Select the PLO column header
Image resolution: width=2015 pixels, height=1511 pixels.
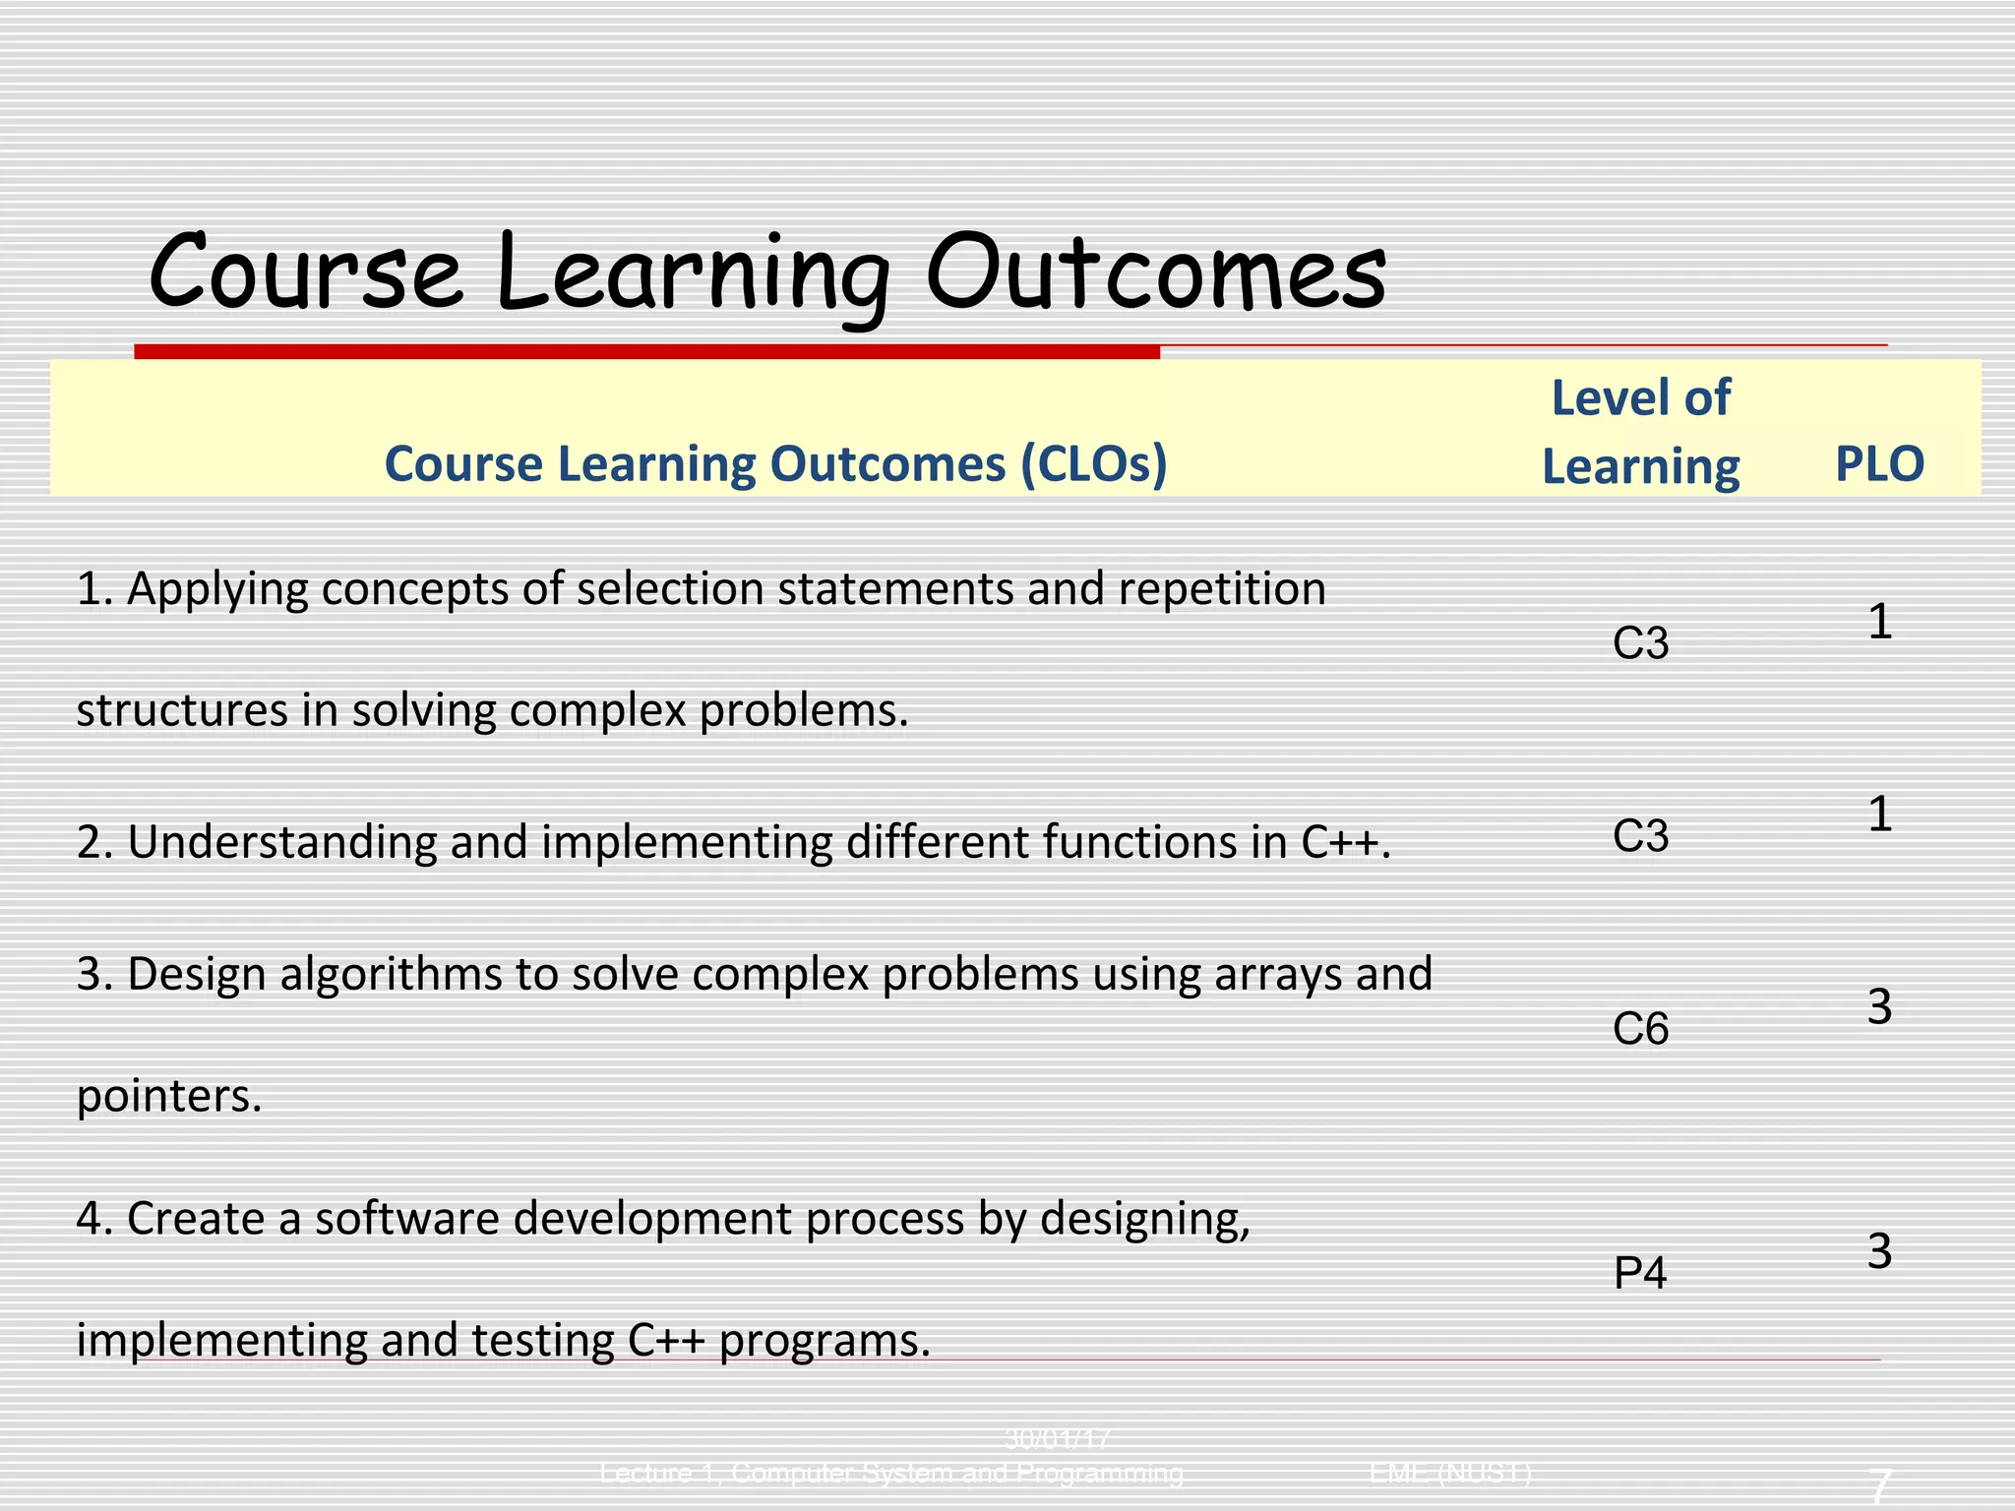[1879, 464]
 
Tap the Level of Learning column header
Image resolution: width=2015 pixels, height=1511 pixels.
[1640, 432]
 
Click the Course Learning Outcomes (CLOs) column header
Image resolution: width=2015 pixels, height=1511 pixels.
[775, 464]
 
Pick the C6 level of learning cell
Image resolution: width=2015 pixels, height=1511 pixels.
[1640, 1030]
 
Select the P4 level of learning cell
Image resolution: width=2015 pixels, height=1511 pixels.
[1640, 1274]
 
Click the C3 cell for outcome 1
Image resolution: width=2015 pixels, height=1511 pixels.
[1640, 644]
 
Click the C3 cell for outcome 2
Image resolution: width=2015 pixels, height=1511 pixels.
[1640, 837]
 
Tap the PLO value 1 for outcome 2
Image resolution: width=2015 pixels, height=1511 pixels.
[1879, 816]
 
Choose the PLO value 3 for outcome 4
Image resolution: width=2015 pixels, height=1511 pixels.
[1879, 1252]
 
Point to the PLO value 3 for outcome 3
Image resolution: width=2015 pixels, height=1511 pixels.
[1879, 1008]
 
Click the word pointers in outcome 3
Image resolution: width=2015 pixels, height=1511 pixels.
[168, 1097]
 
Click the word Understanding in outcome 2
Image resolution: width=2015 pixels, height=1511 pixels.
[281, 843]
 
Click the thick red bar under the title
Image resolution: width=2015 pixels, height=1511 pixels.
[646, 351]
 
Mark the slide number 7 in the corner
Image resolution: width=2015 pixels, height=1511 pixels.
[1879, 1484]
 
